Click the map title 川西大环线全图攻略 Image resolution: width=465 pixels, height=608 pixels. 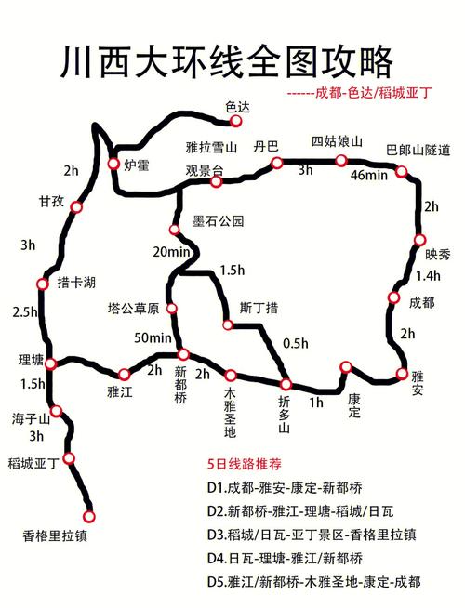[x=232, y=62]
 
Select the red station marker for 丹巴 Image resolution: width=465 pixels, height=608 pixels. [x=276, y=163]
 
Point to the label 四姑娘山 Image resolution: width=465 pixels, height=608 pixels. [x=337, y=141]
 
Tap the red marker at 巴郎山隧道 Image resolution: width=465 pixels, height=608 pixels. [x=401, y=171]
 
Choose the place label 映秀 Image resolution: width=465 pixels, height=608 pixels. [x=438, y=254]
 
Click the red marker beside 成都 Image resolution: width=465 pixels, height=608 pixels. [x=392, y=297]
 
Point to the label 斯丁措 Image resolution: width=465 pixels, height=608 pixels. [x=259, y=307]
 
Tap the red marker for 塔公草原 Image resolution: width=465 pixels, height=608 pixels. [x=172, y=308]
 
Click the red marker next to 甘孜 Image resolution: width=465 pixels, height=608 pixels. [x=76, y=207]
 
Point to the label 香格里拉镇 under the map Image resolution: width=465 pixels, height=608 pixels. [x=56, y=535]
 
